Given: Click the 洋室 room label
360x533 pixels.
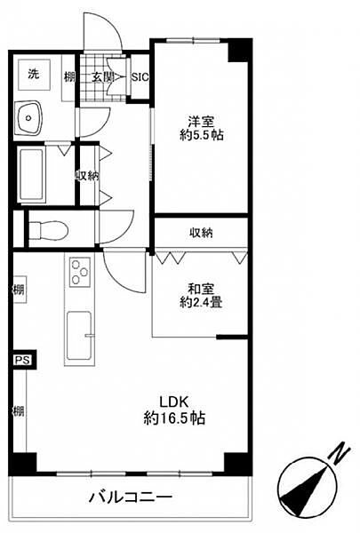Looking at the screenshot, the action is point(201,121).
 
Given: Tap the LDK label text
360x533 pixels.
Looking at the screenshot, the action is point(174,402).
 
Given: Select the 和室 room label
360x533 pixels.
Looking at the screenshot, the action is point(201,289).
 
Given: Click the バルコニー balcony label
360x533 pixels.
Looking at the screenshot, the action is point(131,498).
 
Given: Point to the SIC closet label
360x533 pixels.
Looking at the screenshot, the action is point(140,77).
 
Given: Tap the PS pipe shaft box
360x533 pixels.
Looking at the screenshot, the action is point(23,360).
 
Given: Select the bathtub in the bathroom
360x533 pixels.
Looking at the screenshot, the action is point(32,175).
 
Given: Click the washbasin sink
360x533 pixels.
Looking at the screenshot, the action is point(29,118).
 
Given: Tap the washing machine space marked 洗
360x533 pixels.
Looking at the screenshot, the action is point(34,75).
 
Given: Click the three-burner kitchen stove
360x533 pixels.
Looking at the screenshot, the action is point(80,272).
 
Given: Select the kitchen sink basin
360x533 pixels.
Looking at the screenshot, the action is point(79,336).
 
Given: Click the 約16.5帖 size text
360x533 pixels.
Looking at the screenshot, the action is point(174,418).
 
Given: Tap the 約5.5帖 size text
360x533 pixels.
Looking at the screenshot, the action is point(202,135).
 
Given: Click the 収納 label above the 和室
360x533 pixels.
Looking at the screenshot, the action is point(201,233).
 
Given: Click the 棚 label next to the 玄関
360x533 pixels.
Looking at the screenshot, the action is point(69,77).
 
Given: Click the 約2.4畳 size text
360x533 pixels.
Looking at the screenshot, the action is point(201,302).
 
